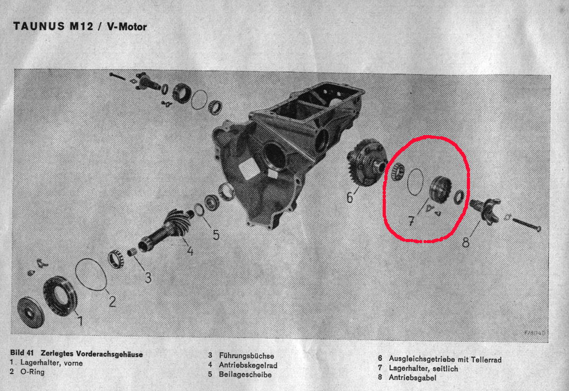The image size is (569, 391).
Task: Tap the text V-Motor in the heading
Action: (x=127, y=27)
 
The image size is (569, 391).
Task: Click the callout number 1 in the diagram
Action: (x=80, y=321)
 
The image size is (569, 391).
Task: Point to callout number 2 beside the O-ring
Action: (x=112, y=301)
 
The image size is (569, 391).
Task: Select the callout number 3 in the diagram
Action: (x=148, y=278)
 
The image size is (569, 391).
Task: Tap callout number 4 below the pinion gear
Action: (x=190, y=251)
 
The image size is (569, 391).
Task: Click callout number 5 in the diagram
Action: (x=216, y=235)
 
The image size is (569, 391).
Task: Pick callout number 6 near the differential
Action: (x=349, y=197)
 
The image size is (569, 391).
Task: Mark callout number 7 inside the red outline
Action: (x=411, y=221)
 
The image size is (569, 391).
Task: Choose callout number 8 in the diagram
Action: (x=466, y=242)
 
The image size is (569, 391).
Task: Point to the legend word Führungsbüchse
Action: (x=247, y=356)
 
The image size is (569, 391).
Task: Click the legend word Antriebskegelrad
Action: (x=248, y=365)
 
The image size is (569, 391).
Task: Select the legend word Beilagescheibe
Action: (x=245, y=375)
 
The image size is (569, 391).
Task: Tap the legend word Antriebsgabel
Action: (x=412, y=378)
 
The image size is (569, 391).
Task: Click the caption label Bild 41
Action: (x=22, y=352)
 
